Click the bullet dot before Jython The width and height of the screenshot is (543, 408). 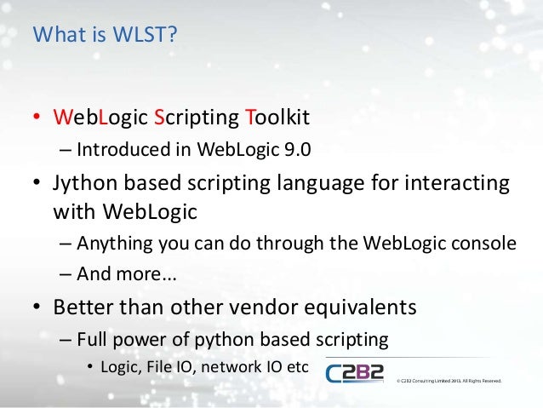tap(38, 185)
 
